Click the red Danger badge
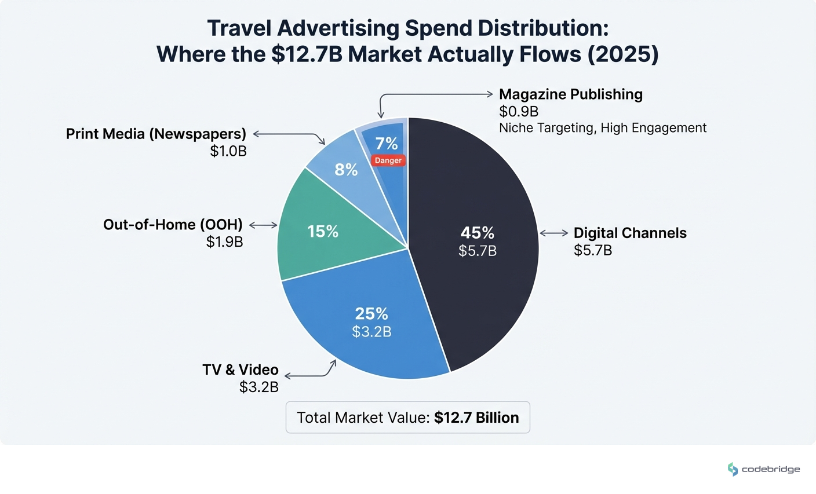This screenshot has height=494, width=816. pyautogui.click(x=388, y=160)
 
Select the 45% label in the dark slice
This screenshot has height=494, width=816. pyautogui.click(x=477, y=233)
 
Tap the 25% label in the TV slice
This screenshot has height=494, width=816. pyautogui.click(x=371, y=313)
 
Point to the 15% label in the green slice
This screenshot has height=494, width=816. pyautogui.click(x=323, y=232)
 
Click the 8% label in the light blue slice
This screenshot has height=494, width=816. pyautogui.click(x=346, y=170)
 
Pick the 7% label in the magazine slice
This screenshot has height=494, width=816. pyautogui.click(x=387, y=143)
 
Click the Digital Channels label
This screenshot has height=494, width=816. pyautogui.click(x=630, y=233)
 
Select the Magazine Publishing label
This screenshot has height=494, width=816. pyautogui.click(x=570, y=94)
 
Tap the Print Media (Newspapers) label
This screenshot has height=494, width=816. pyautogui.click(x=156, y=134)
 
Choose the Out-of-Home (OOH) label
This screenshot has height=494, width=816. pyautogui.click(x=173, y=225)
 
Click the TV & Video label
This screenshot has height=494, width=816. pyautogui.click(x=241, y=369)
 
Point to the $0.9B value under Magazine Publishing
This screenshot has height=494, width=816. pyautogui.click(x=519, y=111)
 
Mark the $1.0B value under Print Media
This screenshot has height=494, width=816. pyautogui.click(x=228, y=151)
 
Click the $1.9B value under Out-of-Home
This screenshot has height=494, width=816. pyautogui.click(x=224, y=241)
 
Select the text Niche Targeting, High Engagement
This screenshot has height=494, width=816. pyautogui.click(x=603, y=128)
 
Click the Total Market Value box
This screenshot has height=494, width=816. pyautogui.click(x=407, y=418)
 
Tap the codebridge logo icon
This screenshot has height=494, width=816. pyautogui.click(x=733, y=469)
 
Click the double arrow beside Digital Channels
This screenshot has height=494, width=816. pyautogui.click(x=554, y=233)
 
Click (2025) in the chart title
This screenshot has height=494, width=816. pyautogui.click(x=623, y=54)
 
